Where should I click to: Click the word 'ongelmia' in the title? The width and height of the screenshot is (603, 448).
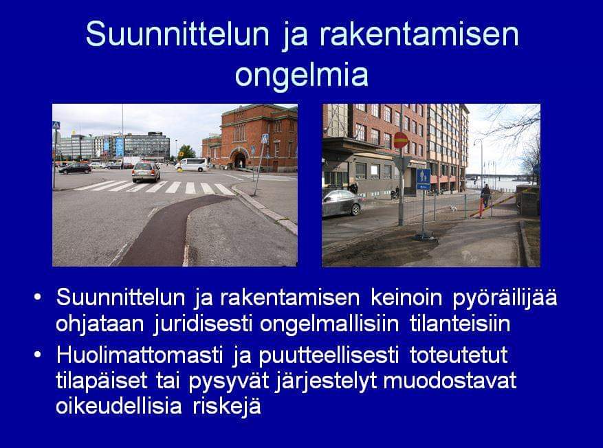(x=301, y=76)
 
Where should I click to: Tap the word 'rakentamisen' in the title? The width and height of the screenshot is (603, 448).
(x=419, y=34)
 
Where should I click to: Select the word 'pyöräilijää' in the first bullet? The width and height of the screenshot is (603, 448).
(x=505, y=298)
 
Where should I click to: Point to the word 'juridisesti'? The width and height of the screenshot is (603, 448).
(x=203, y=324)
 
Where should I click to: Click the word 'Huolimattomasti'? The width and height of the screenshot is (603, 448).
(x=140, y=355)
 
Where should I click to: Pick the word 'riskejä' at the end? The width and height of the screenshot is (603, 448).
(x=227, y=407)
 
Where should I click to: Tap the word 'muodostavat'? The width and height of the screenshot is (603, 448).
(x=450, y=381)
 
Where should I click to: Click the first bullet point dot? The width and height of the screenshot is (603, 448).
(x=37, y=298)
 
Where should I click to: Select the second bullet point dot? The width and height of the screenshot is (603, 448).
(x=37, y=355)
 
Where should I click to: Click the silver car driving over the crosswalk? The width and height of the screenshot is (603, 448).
(x=146, y=172)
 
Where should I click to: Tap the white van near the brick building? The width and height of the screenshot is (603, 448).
(x=192, y=165)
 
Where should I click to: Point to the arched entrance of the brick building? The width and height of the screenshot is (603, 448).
(x=239, y=159)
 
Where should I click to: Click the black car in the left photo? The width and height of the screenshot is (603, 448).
(x=75, y=168)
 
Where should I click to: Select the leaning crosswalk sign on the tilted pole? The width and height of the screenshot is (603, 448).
(x=265, y=139)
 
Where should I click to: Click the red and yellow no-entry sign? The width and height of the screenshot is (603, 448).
(x=400, y=140)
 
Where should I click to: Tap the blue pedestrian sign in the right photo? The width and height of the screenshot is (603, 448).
(x=424, y=179)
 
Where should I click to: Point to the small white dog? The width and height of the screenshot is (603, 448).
(x=454, y=208)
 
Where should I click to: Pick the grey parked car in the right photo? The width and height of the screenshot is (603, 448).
(x=342, y=203)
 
